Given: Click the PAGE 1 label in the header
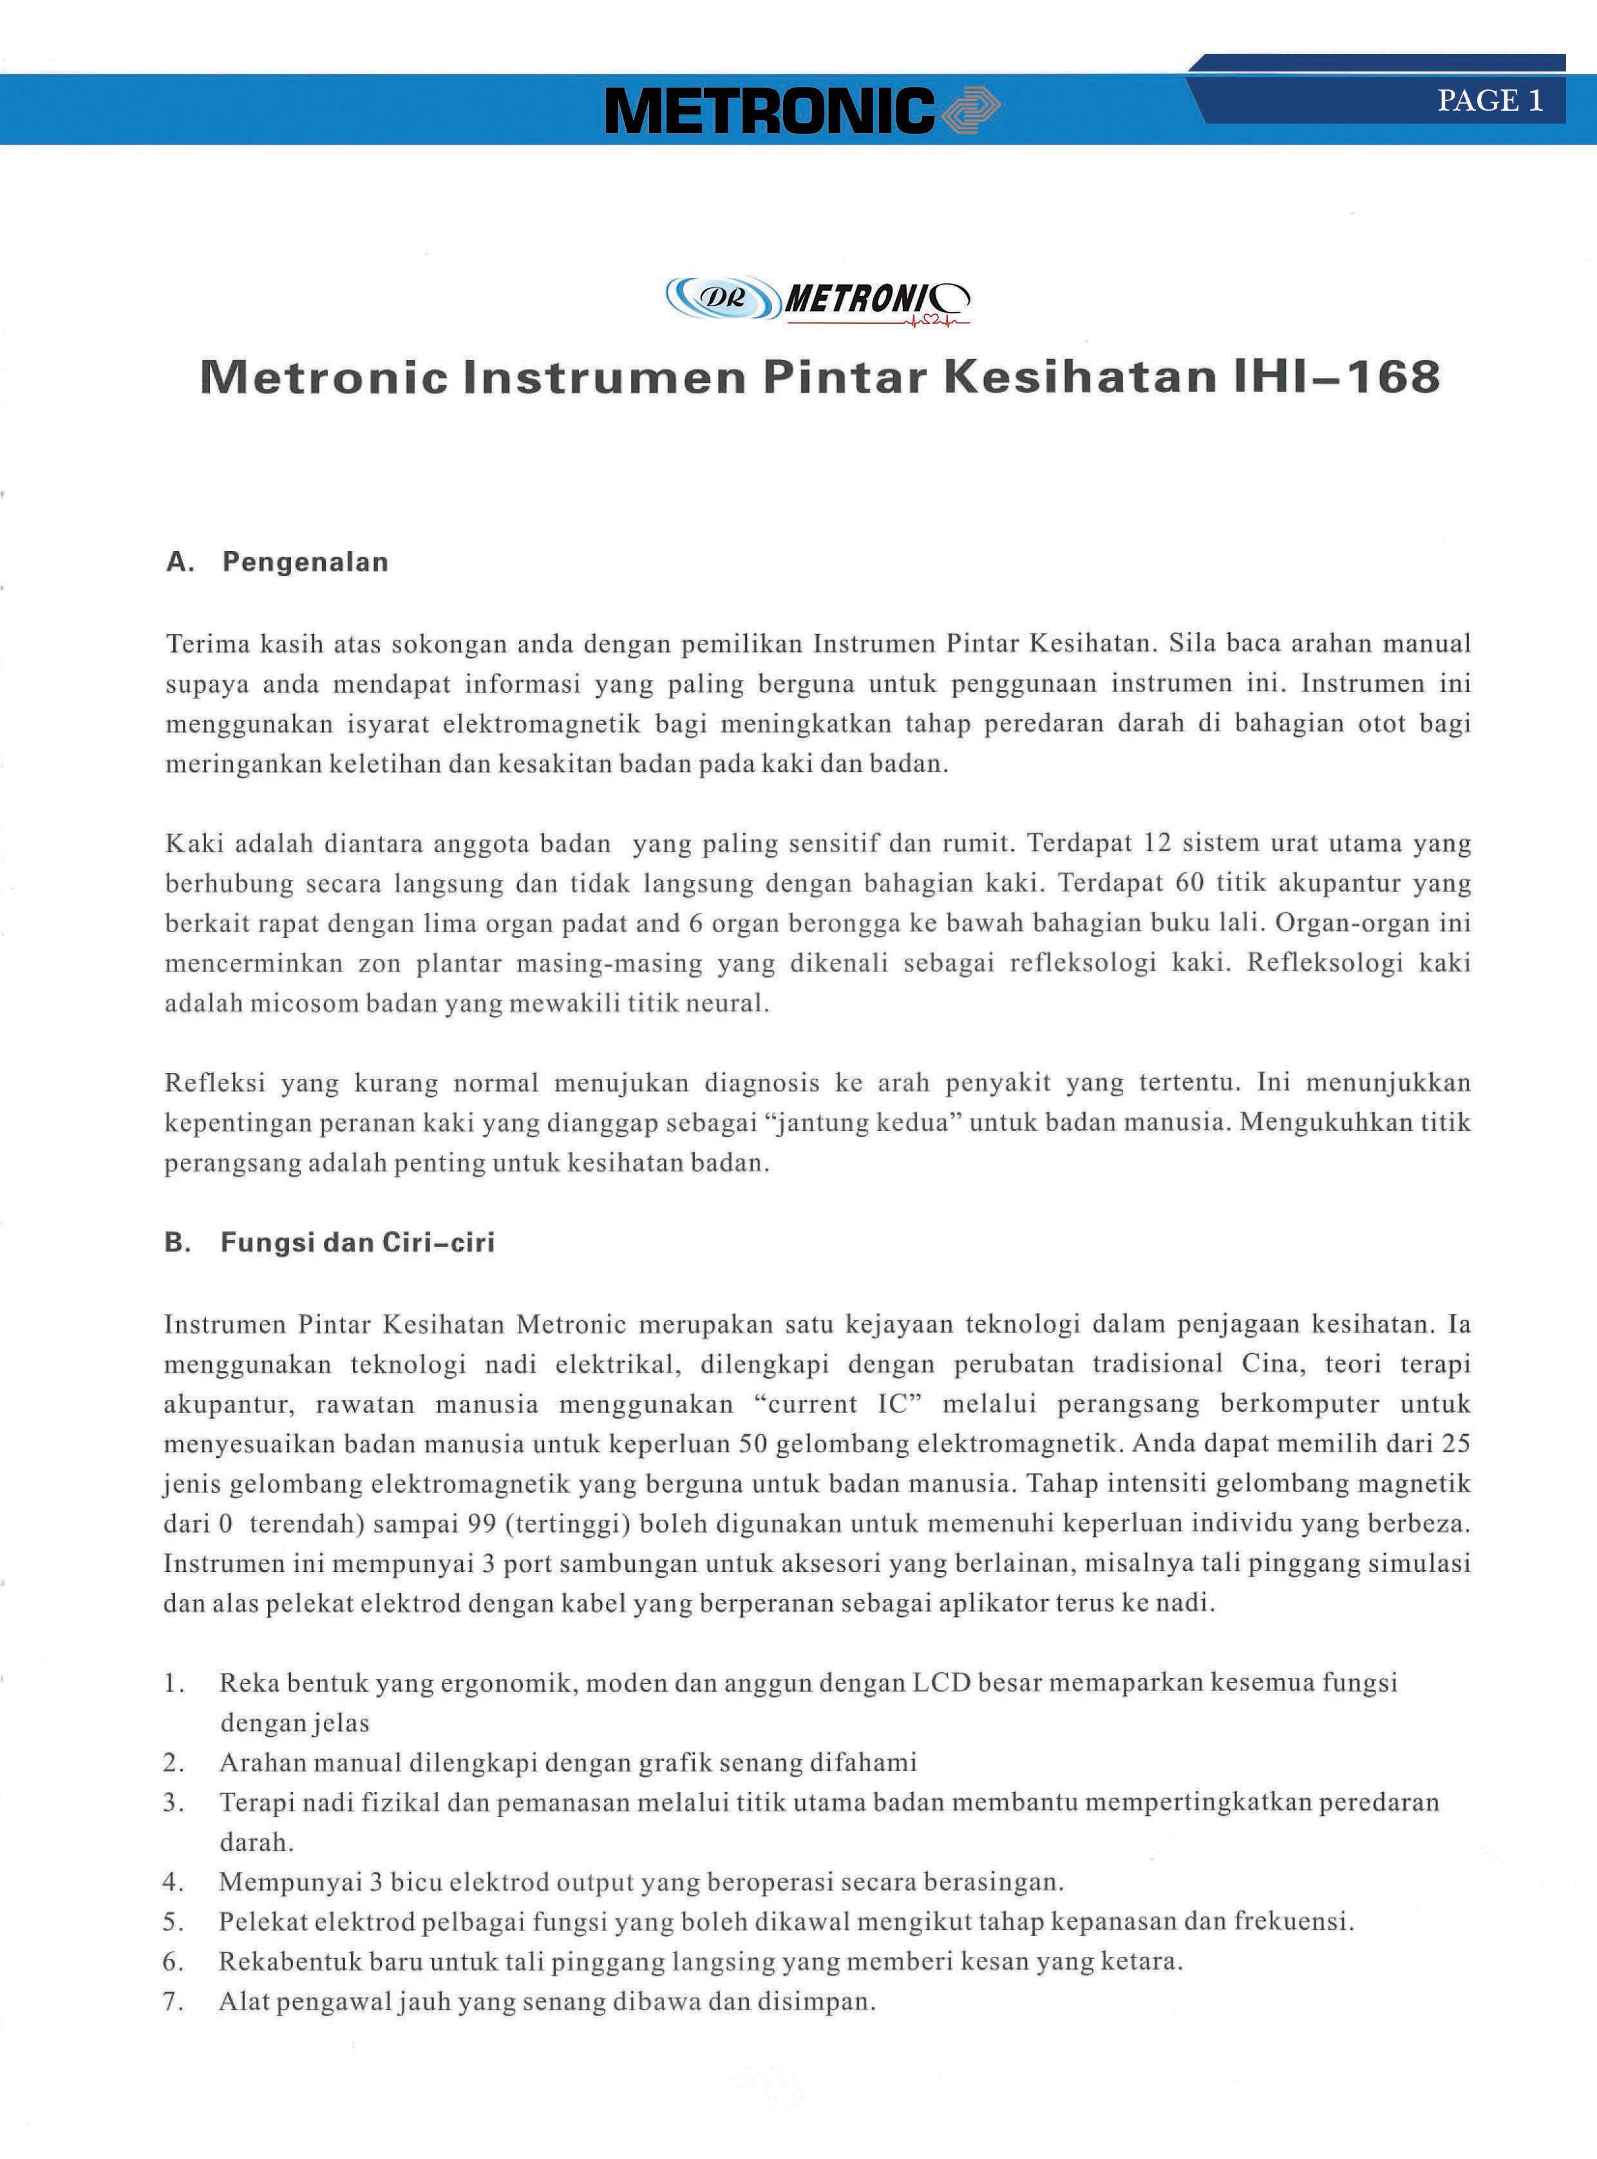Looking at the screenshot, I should (x=1489, y=100).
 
